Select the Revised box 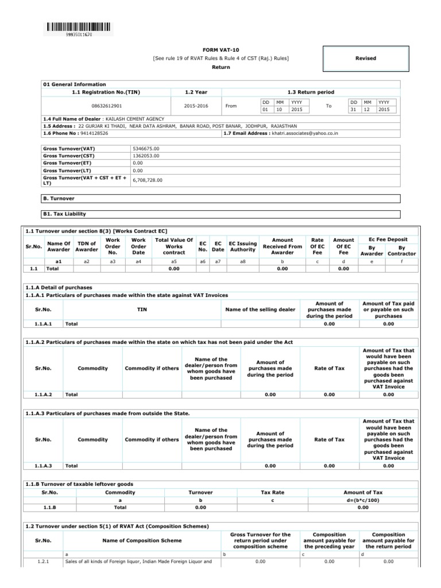(366, 58)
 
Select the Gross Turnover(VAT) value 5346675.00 (145, 148)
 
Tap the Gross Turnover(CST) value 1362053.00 (145, 156)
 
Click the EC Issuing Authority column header (242, 247)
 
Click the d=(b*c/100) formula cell (362, 500)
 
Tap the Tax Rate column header (273, 492)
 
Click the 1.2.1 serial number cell (44, 561)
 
